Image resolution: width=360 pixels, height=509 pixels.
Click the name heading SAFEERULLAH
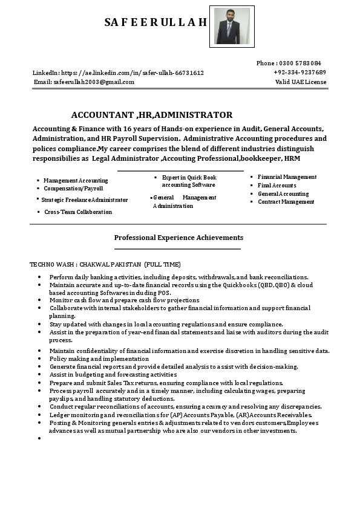(155, 22)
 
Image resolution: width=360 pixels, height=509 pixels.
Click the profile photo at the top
(232, 27)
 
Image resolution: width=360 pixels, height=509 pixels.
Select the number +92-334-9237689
(299, 72)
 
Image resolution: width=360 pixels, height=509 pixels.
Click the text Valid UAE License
(301, 82)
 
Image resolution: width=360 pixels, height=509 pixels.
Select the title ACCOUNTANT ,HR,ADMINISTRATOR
(151, 115)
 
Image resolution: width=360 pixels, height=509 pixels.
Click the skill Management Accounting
(76, 180)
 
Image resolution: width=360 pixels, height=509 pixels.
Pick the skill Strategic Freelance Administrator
(84, 199)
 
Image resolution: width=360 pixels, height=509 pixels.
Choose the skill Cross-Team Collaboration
(78, 212)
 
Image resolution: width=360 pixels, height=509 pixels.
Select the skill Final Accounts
(277, 186)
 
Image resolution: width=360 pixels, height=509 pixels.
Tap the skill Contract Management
(286, 202)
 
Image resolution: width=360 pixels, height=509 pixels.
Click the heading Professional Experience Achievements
(178, 238)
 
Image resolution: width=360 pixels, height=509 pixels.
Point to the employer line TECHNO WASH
(105, 264)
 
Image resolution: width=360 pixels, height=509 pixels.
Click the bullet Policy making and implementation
(99, 358)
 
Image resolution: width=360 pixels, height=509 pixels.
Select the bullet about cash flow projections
(124, 300)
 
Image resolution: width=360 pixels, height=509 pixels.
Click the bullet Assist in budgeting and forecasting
(113, 374)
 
